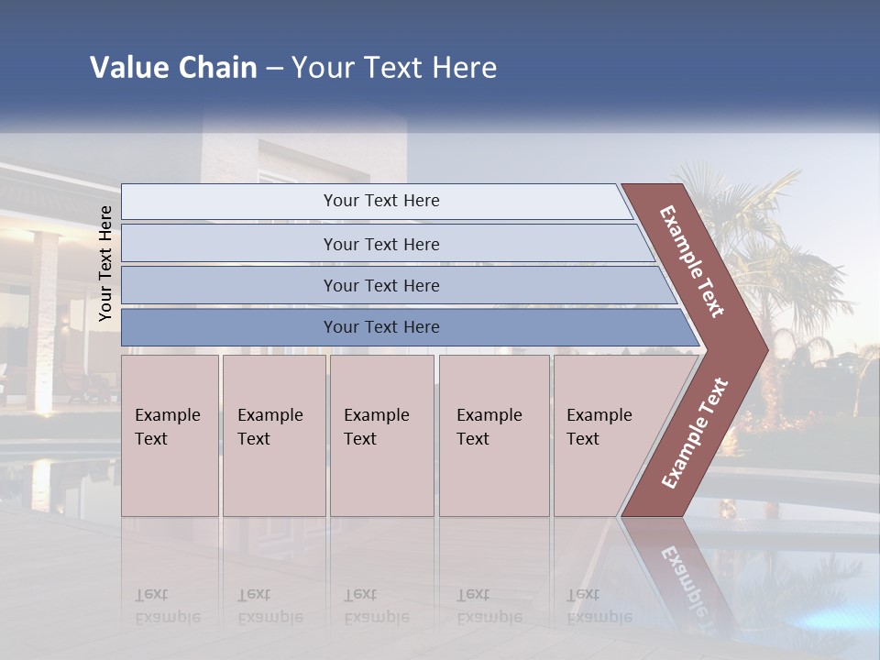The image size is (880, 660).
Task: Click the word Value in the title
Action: tap(128, 68)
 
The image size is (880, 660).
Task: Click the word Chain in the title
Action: tap(217, 68)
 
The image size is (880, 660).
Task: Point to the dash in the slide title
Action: tap(274, 69)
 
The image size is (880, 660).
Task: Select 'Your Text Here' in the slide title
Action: tap(394, 68)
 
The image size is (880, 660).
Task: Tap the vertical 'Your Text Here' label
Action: tap(105, 263)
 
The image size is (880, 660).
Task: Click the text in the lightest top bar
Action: tap(381, 201)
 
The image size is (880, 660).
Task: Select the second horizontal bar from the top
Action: tap(381, 244)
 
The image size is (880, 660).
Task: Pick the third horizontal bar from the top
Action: tap(381, 285)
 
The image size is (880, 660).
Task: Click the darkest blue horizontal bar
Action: tap(381, 327)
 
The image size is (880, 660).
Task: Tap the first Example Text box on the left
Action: tap(170, 434)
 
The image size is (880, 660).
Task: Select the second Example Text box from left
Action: tap(273, 434)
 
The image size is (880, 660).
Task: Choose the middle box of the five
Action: tap(381, 434)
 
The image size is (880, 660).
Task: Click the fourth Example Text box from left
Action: tap(494, 434)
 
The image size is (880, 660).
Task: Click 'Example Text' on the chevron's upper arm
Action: tap(693, 260)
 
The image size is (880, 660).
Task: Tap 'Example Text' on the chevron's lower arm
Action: tap(695, 433)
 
